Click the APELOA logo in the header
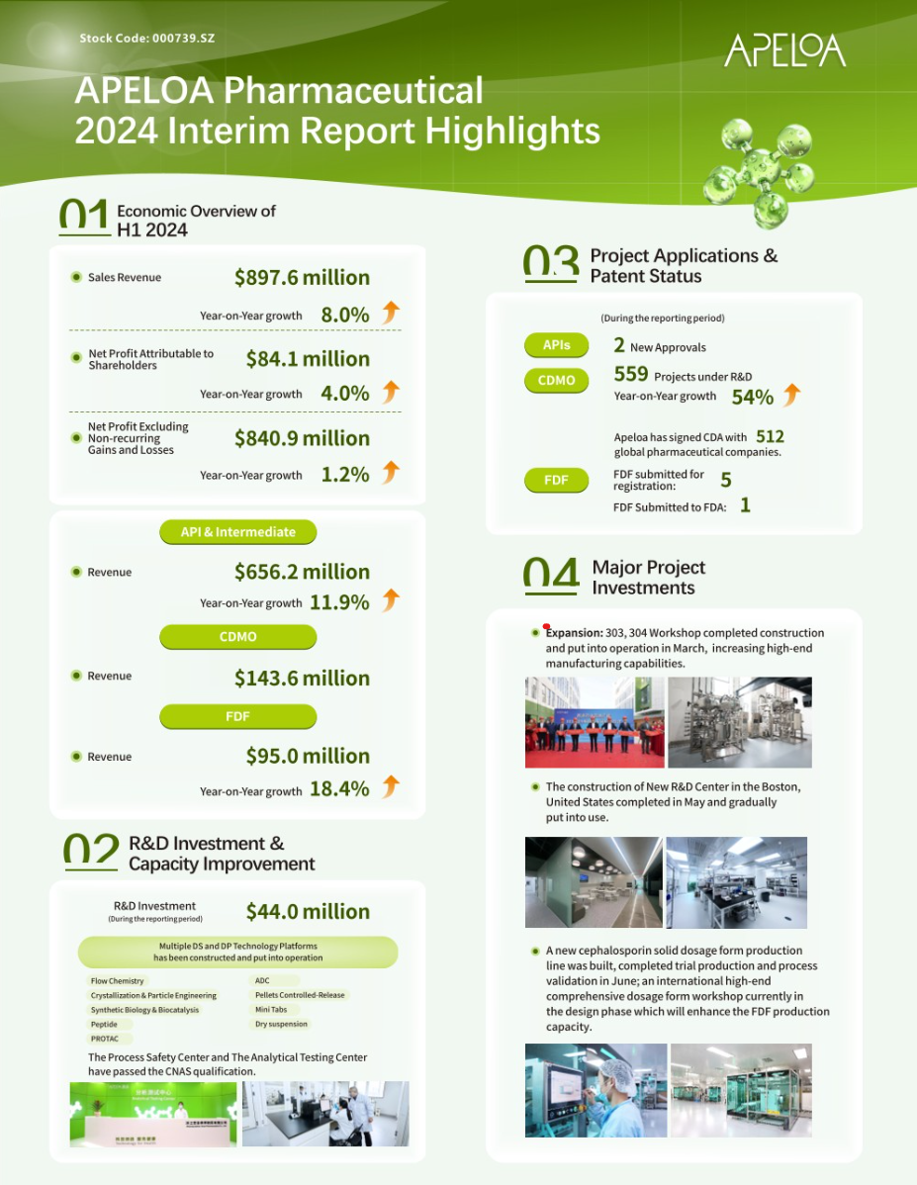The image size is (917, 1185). pos(784,50)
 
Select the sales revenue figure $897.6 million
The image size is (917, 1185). pos(302,278)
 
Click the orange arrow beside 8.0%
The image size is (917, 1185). pos(391,314)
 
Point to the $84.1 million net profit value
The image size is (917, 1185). pos(308,359)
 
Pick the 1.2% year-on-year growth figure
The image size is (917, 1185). pos(345,475)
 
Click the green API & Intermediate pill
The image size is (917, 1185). pos(237,532)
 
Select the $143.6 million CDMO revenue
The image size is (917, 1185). pos(302,679)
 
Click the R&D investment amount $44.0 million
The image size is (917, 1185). pos(308,912)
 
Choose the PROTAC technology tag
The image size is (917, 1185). pos(106,1040)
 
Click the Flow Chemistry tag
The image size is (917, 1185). pos(118,981)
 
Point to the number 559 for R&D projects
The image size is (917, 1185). pos(631,374)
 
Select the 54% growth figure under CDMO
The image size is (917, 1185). pos(752,398)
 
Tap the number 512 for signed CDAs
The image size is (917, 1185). pos(770,437)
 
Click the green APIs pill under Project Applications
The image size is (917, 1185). pos(556,345)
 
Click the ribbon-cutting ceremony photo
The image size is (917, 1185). pos(595,722)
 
